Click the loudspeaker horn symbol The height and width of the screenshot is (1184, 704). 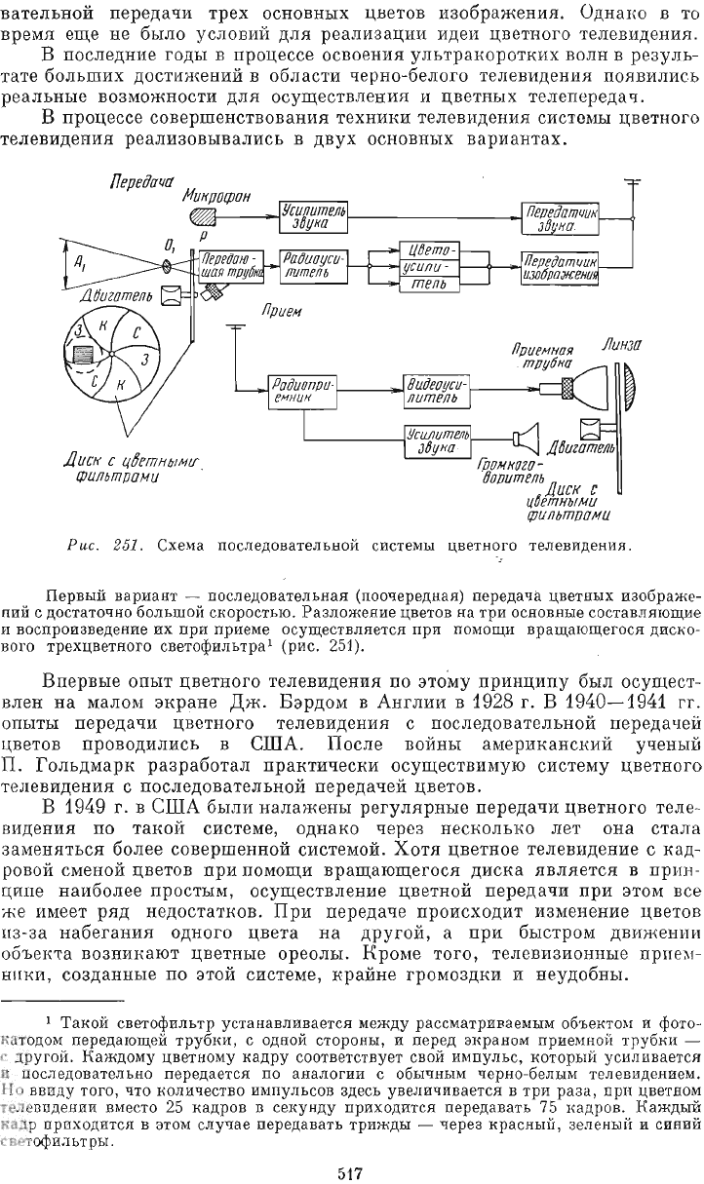tap(527, 434)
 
